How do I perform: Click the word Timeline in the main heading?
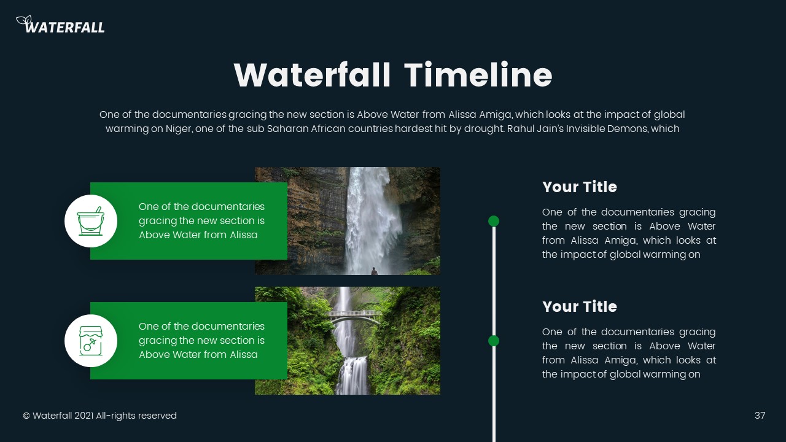(x=478, y=76)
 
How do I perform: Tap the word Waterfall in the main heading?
(x=312, y=76)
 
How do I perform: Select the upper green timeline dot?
(x=494, y=221)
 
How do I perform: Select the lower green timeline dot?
(x=494, y=341)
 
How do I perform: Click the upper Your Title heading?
(x=579, y=187)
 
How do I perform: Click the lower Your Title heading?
(x=579, y=307)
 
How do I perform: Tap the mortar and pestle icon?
(x=91, y=221)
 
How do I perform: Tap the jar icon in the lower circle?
(x=91, y=341)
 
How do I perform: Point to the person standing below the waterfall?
(x=373, y=270)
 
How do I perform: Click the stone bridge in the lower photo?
(x=353, y=315)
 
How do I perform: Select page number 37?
(x=760, y=416)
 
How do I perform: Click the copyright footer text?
(x=99, y=416)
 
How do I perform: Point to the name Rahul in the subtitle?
(x=521, y=129)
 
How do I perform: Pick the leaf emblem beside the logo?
(x=23, y=21)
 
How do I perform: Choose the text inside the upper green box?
(x=201, y=221)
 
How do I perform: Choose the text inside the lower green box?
(x=201, y=341)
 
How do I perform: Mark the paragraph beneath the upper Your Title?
(x=628, y=233)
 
